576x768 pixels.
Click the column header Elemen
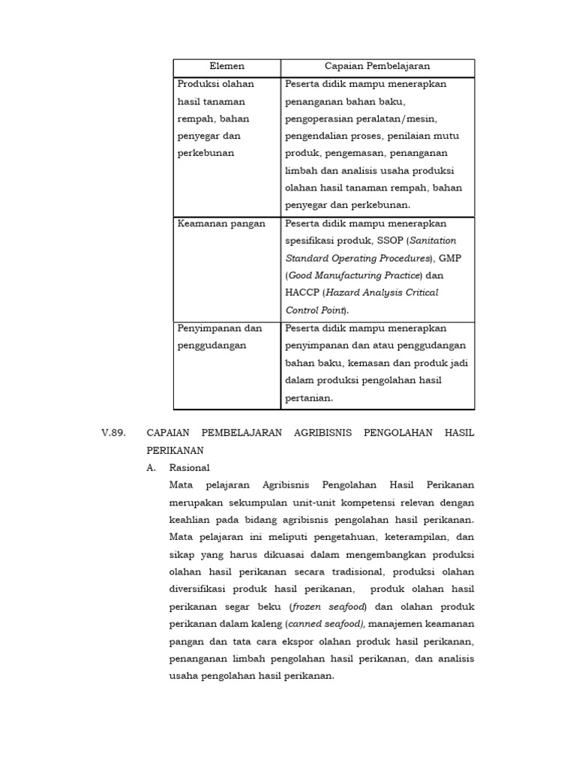226,67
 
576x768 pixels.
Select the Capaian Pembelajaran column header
377,67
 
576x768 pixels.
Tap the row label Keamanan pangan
221,223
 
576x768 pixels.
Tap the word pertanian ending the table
307,397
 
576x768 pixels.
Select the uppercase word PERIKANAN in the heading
175,451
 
